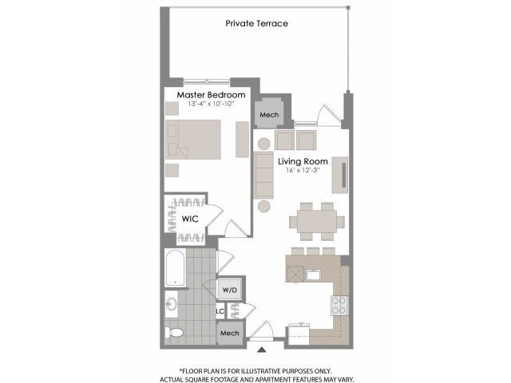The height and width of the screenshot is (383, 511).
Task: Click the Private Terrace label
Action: coord(257,23)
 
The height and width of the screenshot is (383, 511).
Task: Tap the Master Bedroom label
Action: coord(211,95)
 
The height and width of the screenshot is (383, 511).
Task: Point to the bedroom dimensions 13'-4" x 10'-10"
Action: coord(211,105)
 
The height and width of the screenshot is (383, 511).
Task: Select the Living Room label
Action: coord(303,161)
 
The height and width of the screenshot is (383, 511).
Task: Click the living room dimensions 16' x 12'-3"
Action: coord(303,170)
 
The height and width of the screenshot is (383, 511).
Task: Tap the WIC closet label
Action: coord(190,219)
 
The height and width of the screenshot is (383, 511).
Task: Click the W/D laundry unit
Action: coord(230,290)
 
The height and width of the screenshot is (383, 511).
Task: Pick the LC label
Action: coord(220,311)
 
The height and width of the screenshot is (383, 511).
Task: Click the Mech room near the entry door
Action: coord(230,333)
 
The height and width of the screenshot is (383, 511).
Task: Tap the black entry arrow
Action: coord(261,349)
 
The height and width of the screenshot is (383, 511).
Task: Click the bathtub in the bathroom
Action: coord(176,268)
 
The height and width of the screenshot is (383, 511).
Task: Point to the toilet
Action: coord(174,333)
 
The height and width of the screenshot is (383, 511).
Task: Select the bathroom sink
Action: coord(171,305)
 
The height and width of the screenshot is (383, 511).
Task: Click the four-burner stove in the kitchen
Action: coord(339,306)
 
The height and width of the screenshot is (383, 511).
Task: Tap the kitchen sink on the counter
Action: coord(313,275)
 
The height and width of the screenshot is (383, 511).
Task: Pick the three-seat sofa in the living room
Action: coord(264,175)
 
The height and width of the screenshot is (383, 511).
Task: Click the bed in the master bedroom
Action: coord(193,140)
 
